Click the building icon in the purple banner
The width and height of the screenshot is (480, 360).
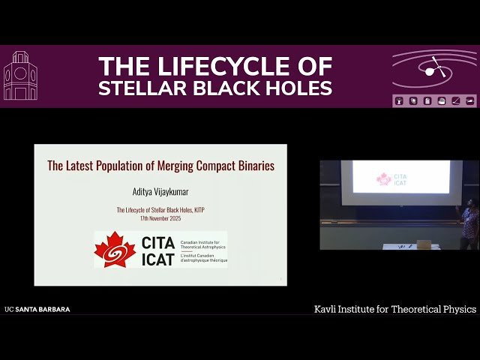20,76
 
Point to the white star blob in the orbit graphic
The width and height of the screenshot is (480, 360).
430,71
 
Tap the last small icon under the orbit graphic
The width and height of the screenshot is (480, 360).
470,100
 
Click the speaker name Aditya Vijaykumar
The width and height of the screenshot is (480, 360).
160,193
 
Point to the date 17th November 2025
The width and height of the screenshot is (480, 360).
160,218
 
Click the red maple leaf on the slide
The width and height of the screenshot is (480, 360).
115,250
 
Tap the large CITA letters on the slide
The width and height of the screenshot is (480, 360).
157,242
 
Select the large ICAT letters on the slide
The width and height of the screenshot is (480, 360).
157,258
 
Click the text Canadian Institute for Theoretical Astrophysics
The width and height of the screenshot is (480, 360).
202,242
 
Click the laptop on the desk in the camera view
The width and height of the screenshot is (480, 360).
424,244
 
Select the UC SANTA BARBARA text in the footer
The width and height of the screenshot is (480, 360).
37,309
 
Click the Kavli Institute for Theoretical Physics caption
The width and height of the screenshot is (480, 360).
394,309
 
